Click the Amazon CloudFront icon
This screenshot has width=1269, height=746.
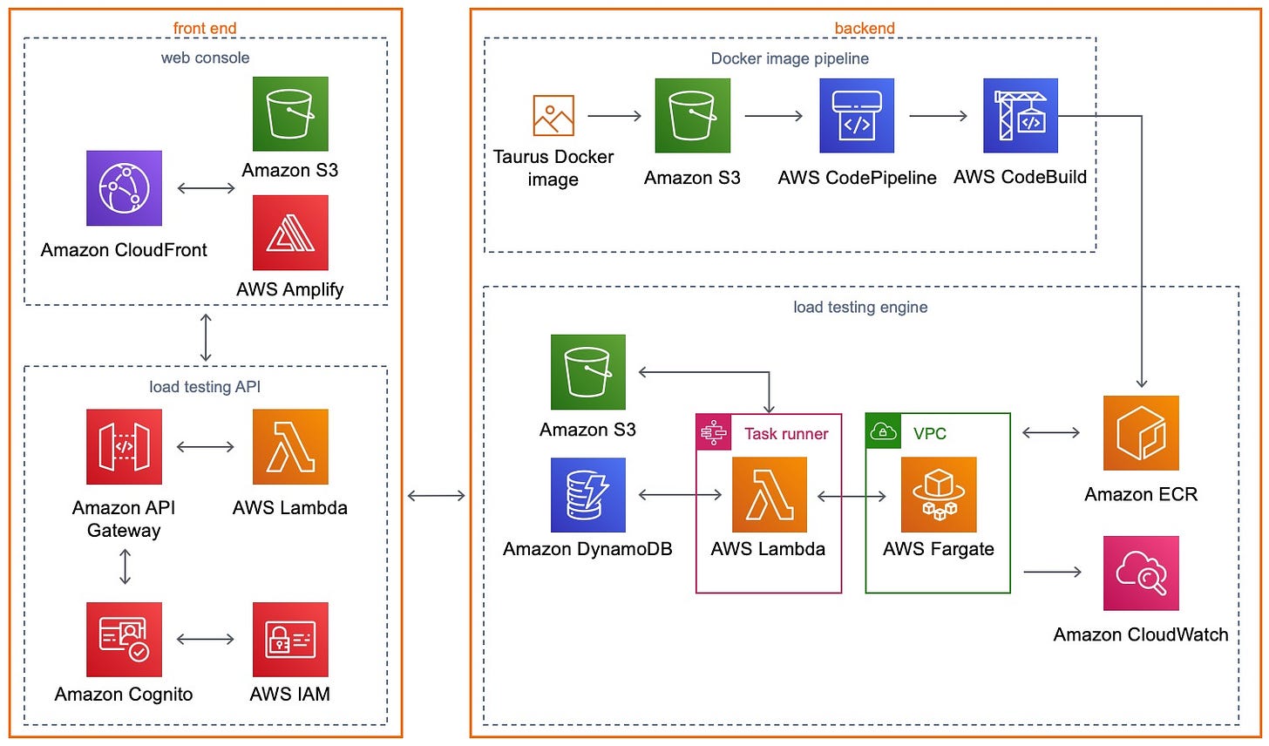point(124,188)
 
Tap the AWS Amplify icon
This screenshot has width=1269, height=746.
point(290,233)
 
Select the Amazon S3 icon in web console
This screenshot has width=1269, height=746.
point(290,114)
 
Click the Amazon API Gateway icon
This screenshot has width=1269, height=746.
point(124,447)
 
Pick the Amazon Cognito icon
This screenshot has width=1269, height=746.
point(124,640)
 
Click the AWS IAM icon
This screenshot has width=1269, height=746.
point(290,640)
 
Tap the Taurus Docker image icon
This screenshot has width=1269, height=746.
point(553,116)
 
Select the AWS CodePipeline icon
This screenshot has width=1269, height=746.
point(857,116)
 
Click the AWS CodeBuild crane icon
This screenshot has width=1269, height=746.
point(1021,116)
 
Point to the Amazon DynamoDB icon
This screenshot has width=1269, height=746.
point(588,495)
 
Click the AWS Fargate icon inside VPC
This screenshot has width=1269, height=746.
point(939,495)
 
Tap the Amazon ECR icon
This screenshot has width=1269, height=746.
point(1141,433)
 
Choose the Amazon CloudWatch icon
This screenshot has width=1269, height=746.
point(1141,573)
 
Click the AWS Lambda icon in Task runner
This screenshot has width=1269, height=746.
point(769,495)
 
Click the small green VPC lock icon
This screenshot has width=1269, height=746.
point(884,431)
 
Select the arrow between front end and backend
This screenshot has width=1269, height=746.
point(436,496)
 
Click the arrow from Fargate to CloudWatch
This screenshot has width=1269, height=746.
point(1052,572)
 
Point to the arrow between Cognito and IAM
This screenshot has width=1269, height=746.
point(206,640)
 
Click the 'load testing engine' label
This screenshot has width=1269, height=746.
point(860,307)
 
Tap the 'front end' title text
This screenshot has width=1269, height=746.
point(205,28)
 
